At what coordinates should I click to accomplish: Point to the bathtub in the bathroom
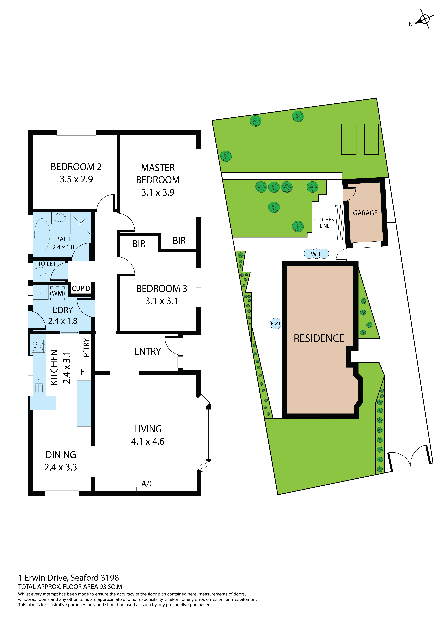(x=42, y=235)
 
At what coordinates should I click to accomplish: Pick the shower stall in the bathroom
(x=80, y=224)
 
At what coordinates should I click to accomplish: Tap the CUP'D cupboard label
(x=81, y=288)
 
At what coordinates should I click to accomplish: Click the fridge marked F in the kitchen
(x=83, y=372)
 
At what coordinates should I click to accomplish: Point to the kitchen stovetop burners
(x=38, y=346)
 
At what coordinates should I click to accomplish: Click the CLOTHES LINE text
(x=324, y=223)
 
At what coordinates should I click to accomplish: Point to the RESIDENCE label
(x=319, y=338)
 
